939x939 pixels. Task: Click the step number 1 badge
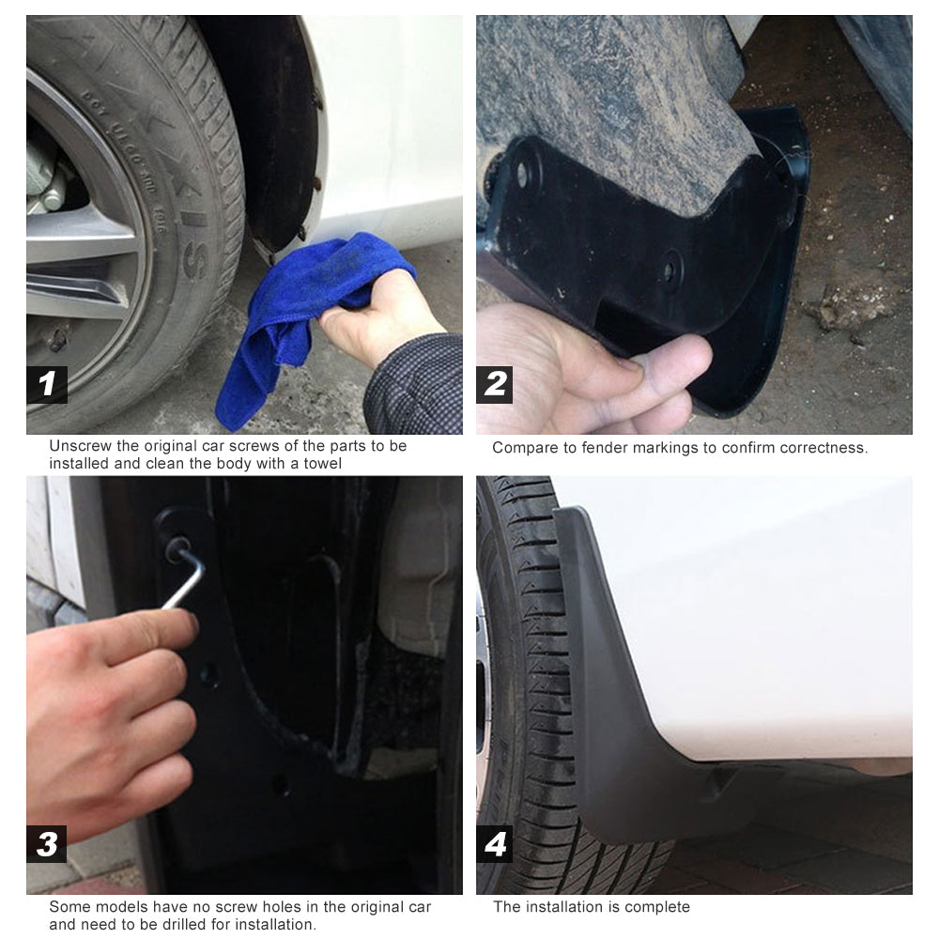47,384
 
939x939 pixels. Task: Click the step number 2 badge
495,384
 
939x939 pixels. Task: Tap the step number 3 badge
47,844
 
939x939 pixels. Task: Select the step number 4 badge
495,844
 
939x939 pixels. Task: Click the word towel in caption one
322,464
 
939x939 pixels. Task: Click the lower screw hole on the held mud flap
670,271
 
